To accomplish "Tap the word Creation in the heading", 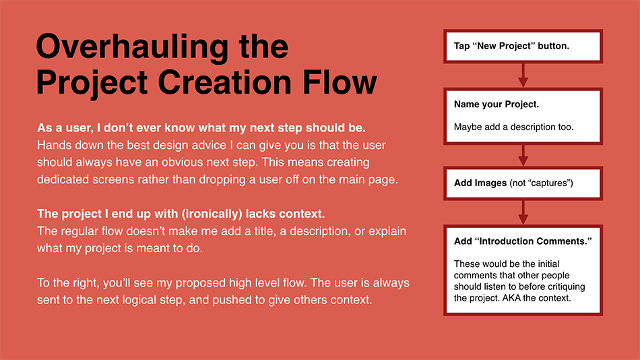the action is (x=224, y=82).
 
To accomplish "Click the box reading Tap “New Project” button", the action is (x=523, y=46).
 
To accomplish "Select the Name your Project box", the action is (x=523, y=117).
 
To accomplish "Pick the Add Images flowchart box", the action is (x=523, y=183).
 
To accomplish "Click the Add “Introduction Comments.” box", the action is (x=523, y=270).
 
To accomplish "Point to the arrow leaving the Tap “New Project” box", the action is (x=523, y=76).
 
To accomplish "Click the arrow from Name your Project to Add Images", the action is (x=523, y=155).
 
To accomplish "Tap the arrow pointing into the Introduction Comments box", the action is (x=523, y=212).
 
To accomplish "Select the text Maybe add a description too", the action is (x=513, y=127).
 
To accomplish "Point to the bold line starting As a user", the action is (x=201, y=128).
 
